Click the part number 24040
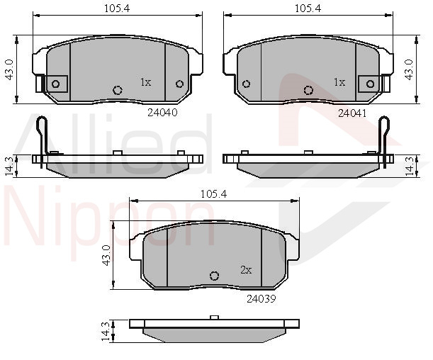tap(162, 113)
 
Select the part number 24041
tap(352, 113)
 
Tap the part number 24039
tap(262, 299)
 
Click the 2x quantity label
tap(246, 270)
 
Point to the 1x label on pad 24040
tap(146, 82)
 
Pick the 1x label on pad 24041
tap(339, 82)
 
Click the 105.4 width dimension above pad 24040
tap(117, 9)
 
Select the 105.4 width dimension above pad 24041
tap(308, 9)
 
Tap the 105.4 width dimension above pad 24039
tap(213, 194)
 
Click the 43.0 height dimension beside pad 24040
tap(10, 69)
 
